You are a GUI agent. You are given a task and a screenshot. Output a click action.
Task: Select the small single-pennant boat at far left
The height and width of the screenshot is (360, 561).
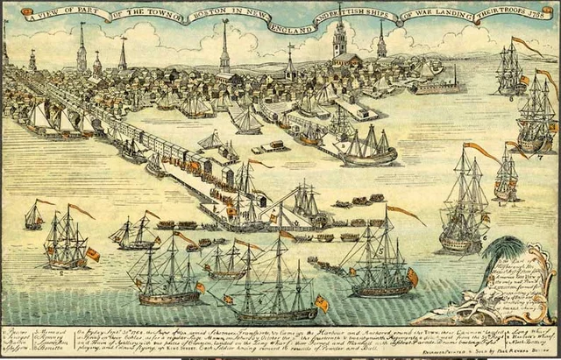tap(34, 215)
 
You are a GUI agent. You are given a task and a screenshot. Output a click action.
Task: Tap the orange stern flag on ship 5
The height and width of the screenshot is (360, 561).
tap(412, 277)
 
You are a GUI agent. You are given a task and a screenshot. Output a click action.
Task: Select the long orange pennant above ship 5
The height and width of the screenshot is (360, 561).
tap(406, 212)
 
